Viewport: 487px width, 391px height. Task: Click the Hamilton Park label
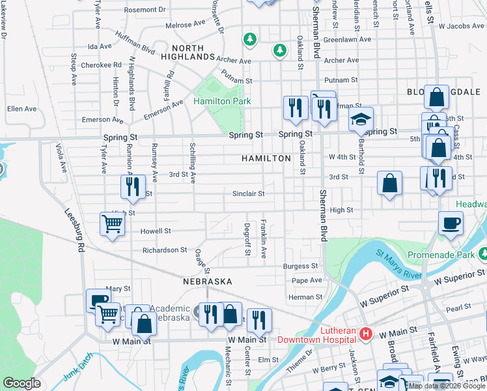tap(222, 102)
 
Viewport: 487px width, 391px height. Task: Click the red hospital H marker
tap(366, 334)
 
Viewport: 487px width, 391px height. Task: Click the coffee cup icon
tap(451, 224)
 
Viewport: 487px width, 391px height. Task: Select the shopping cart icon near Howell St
tap(112, 225)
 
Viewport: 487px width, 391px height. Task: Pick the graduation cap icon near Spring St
tap(360, 120)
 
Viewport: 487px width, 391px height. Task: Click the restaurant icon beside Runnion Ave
tap(132, 187)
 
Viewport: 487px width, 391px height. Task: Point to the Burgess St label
tap(300, 266)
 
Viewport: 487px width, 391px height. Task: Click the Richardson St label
tap(165, 250)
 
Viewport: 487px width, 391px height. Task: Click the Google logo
tap(21, 383)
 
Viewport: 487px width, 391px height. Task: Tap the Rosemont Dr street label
tap(145, 10)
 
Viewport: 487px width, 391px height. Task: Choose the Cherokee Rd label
tap(101, 65)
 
